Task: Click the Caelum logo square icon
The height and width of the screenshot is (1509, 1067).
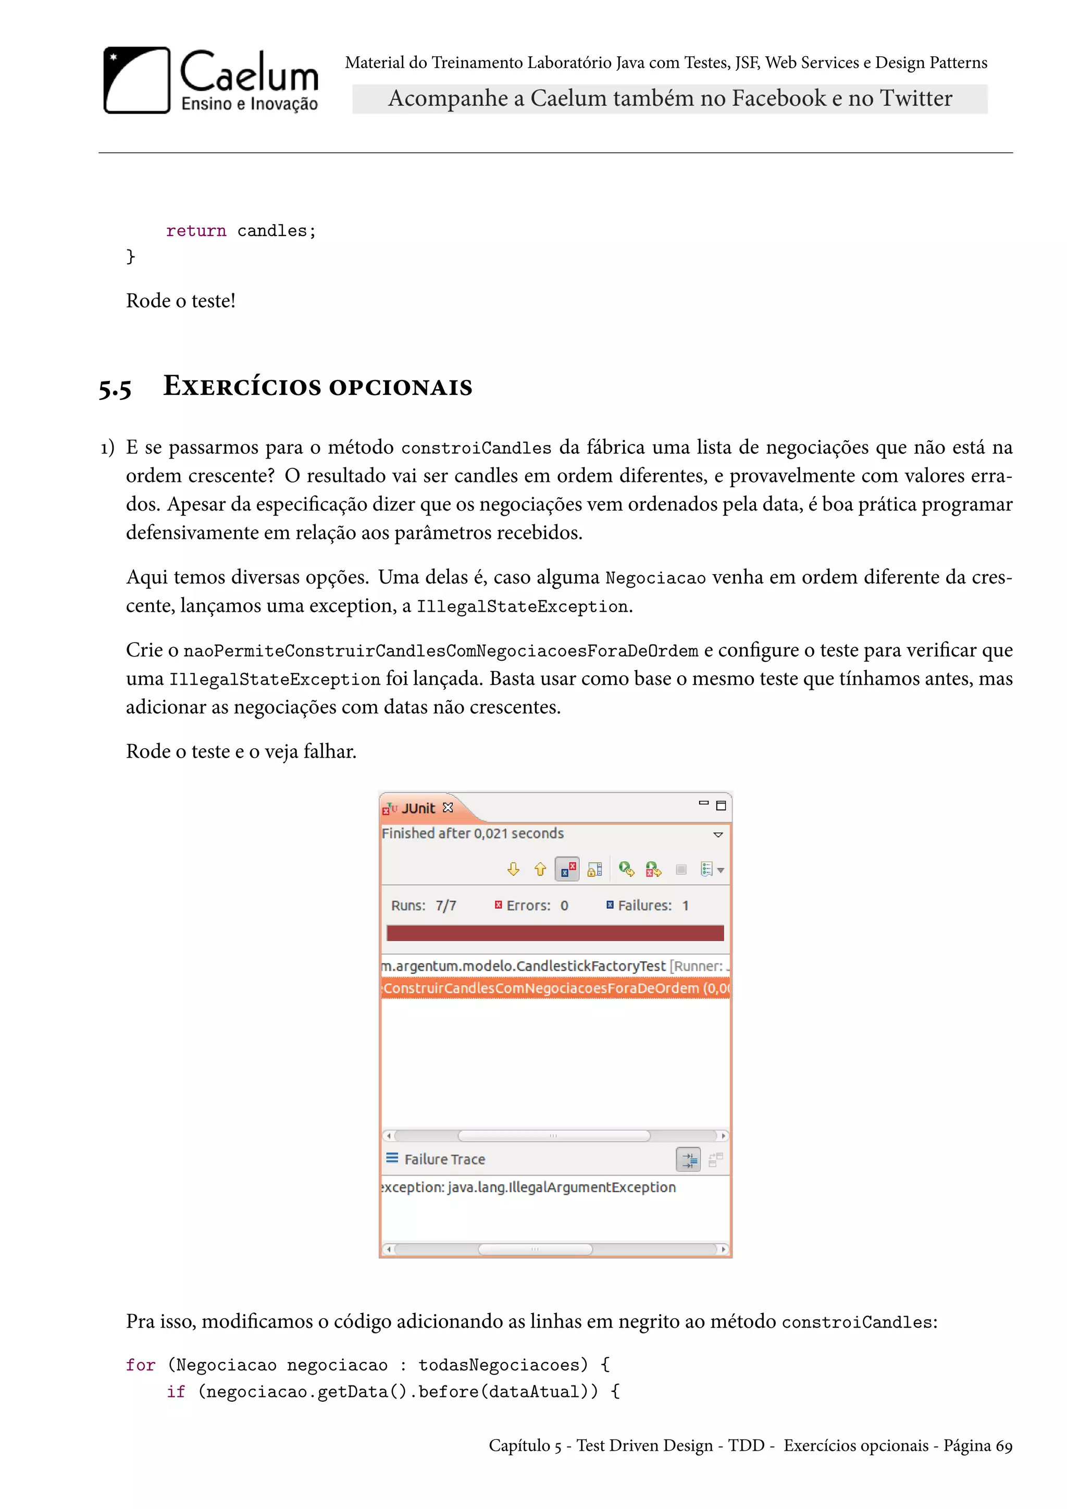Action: pyautogui.click(x=137, y=80)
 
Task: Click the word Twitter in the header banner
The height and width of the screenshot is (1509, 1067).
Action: pyautogui.click(x=916, y=98)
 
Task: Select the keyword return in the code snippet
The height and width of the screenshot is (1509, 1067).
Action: pyautogui.click(x=196, y=231)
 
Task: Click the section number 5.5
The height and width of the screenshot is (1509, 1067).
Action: pyautogui.click(x=115, y=388)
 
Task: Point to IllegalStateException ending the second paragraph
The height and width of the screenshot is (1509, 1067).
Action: pyautogui.click(x=523, y=607)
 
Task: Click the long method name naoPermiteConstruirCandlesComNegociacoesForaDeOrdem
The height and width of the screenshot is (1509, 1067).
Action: pyautogui.click(x=440, y=651)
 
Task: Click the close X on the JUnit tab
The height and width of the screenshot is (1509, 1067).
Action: pyautogui.click(x=448, y=808)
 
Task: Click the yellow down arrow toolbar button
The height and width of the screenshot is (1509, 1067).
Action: pyautogui.click(x=513, y=870)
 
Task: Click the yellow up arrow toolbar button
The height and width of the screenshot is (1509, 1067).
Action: pyautogui.click(x=540, y=870)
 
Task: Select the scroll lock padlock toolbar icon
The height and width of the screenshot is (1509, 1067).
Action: pyautogui.click(x=594, y=870)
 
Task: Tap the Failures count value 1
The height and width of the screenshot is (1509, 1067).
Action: pyautogui.click(x=685, y=906)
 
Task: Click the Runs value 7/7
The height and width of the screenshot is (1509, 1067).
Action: pyautogui.click(x=445, y=906)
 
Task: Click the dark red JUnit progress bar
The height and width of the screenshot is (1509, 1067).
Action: pyautogui.click(x=555, y=933)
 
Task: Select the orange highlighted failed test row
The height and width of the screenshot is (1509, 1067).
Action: pyautogui.click(x=555, y=988)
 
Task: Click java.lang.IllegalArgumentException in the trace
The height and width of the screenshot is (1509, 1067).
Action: pyautogui.click(x=561, y=1188)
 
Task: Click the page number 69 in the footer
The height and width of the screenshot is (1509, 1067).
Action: pyautogui.click(x=1003, y=1446)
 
